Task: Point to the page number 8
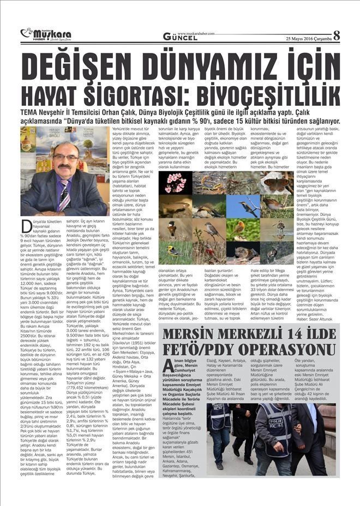[337, 35]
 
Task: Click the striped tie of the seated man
[64, 194]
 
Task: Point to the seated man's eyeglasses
[65, 158]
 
